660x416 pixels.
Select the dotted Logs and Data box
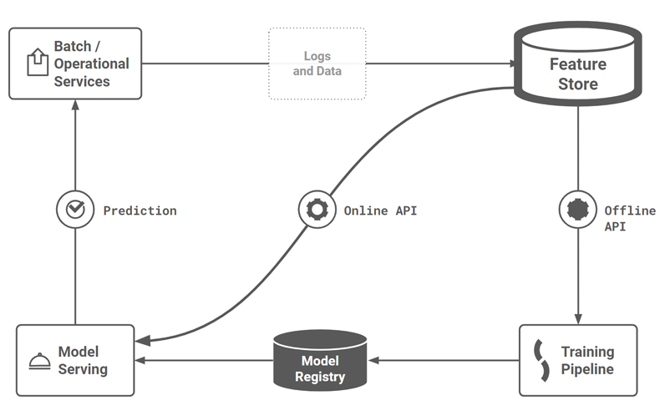pyautogui.click(x=317, y=64)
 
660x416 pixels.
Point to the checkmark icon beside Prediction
pyautogui.click(x=74, y=211)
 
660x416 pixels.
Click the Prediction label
pyautogui.click(x=140, y=211)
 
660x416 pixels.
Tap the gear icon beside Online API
pyautogui.click(x=317, y=211)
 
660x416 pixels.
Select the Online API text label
pyautogui.click(x=380, y=211)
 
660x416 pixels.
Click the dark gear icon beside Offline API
pyautogui.click(x=577, y=211)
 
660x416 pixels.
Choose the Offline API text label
pyautogui.click(x=629, y=218)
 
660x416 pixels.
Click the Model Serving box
pyautogui.click(x=75, y=360)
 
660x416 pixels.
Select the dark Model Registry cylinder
pyautogui.click(x=321, y=361)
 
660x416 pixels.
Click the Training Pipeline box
pyautogui.click(x=577, y=360)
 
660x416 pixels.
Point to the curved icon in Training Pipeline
pyautogui.click(x=541, y=360)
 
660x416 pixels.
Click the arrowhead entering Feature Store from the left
pyautogui.click(x=510, y=63)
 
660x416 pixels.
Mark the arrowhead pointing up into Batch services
pyautogui.click(x=74, y=104)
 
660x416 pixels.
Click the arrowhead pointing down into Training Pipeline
pyautogui.click(x=577, y=318)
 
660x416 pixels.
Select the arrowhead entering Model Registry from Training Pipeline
pyautogui.click(x=374, y=361)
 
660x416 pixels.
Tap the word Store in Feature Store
pyautogui.click(x=578, y=84)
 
